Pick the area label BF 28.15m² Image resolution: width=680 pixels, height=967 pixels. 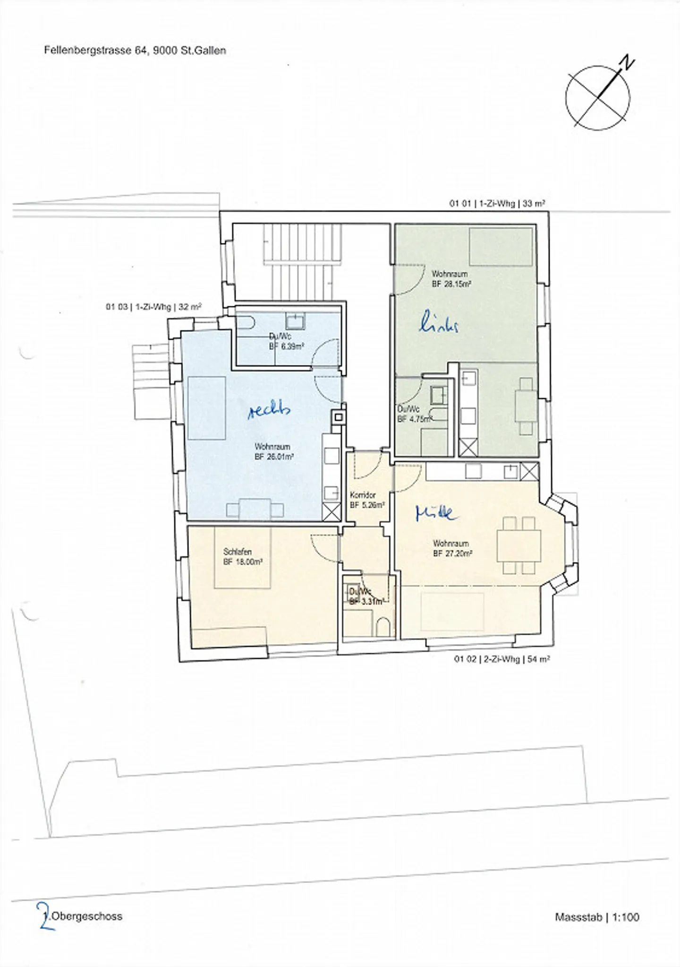pyautogui.click(x=451, y=285)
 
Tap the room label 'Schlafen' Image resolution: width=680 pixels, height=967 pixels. pyautogui.click(x=237, y=552)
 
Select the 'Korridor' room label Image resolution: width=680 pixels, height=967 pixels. pyautogui.click(x=363, y=495)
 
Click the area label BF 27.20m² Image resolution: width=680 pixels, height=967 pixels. pyautogui.click(x=453, y=553)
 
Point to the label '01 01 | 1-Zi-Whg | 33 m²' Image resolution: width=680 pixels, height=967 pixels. pyautogui.click(x=497, y=204)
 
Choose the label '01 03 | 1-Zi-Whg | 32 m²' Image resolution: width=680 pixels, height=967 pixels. pyautogui.click(x=153, y=307)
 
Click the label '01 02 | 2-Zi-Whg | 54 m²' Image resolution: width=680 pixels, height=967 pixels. pyautogui.click(x=502, y=659)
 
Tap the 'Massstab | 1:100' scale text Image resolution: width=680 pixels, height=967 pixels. pyautogui.click(x=597, y=917)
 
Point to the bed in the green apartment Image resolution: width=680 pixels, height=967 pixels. pyautogui.click(x=501, y=247)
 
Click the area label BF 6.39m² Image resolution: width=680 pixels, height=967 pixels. pyautogui.click(x=286, y=346)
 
